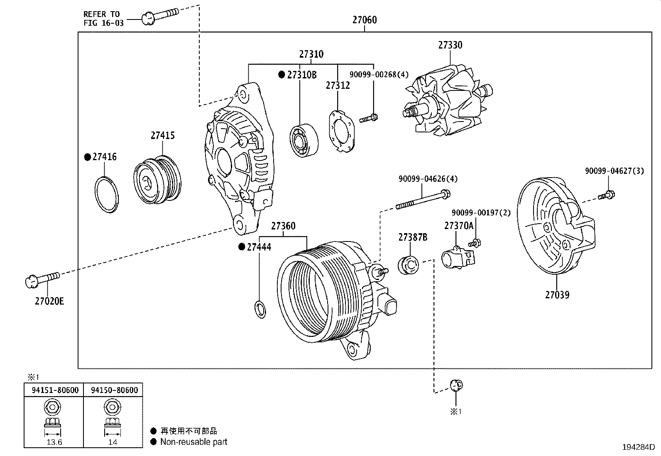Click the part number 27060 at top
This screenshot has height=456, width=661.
click(365, 20)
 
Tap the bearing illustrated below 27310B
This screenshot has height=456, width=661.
click(304, 140)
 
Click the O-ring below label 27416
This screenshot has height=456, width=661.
click(107, 194)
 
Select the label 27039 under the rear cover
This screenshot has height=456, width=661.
click(557, 295)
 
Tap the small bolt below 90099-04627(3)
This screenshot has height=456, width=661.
click(607, 195)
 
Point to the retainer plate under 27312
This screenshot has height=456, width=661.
click(342, 132)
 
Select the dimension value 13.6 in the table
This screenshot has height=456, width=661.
click(54, 442)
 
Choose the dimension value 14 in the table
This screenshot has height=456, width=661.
click(113, 442)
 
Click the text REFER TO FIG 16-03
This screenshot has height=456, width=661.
click(103, 19)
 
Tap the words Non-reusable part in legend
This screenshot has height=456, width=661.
click(194, 442)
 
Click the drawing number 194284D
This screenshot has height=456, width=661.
click(638, 447)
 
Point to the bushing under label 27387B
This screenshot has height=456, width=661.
click(409, 266)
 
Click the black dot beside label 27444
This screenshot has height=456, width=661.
click(241, 247)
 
